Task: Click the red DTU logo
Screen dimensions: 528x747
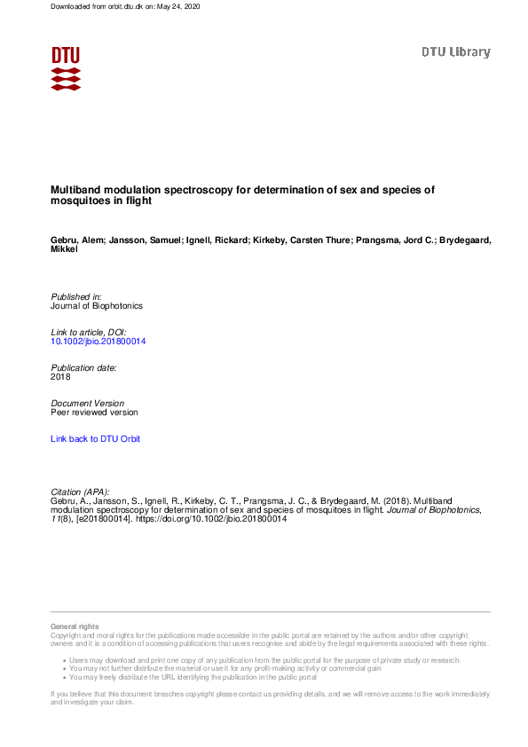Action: click(66, 68)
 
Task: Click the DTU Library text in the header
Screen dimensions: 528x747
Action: click(455, 51)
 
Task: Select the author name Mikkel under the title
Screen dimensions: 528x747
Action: click(64, 249)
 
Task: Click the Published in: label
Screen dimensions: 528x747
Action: click(76, 296)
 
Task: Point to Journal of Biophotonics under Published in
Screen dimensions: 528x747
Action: click(97, 306)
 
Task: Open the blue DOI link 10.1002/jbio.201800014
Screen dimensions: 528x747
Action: click(99, 342)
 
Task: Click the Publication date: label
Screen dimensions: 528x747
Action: click(83, 367)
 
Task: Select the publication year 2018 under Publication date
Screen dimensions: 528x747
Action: click(61, 377)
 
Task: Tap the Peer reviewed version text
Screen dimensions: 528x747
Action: click(95, 413)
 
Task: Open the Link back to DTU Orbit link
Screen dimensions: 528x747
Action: click(95, 439)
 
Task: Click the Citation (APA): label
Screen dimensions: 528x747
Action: click(80, 491)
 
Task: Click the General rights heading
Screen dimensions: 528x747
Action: click(75, 627)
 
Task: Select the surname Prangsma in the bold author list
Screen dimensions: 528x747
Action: click(377, 240)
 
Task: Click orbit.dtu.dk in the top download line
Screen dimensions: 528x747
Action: click(109, 6)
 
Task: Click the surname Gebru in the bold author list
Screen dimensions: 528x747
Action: click(66, 240)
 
